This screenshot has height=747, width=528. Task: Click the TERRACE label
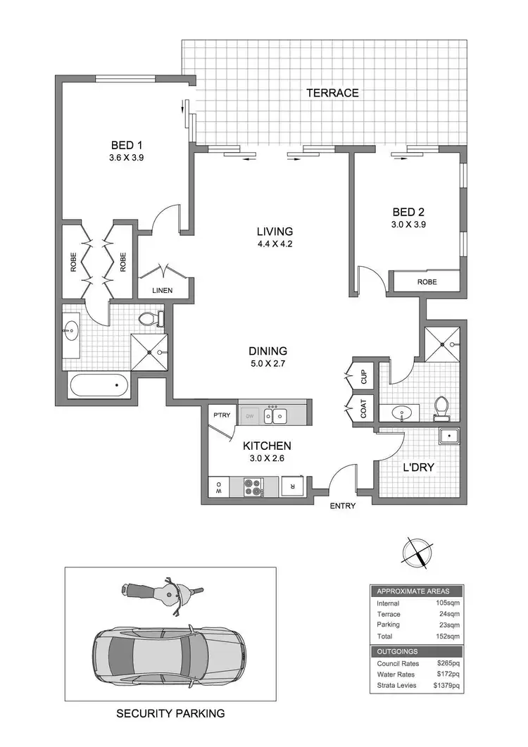(x=332, y=93)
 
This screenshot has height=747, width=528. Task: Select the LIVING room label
(x=274, y=231)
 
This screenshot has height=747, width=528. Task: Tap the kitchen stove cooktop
(x=252, y=486)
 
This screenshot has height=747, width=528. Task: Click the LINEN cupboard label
(x=163, y=290)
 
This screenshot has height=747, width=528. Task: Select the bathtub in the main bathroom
(x=99, y=385)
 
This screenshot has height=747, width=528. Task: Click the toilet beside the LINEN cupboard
(x=149, y=319)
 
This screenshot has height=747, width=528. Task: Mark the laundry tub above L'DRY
(x=446, y=437)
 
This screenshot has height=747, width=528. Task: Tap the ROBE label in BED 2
(x=427, y=282)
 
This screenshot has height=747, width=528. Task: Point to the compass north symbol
(x=414, y=549)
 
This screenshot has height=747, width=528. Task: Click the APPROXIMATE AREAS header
(x=413, y=591)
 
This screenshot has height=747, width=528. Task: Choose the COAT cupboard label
(x=364, y=410)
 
